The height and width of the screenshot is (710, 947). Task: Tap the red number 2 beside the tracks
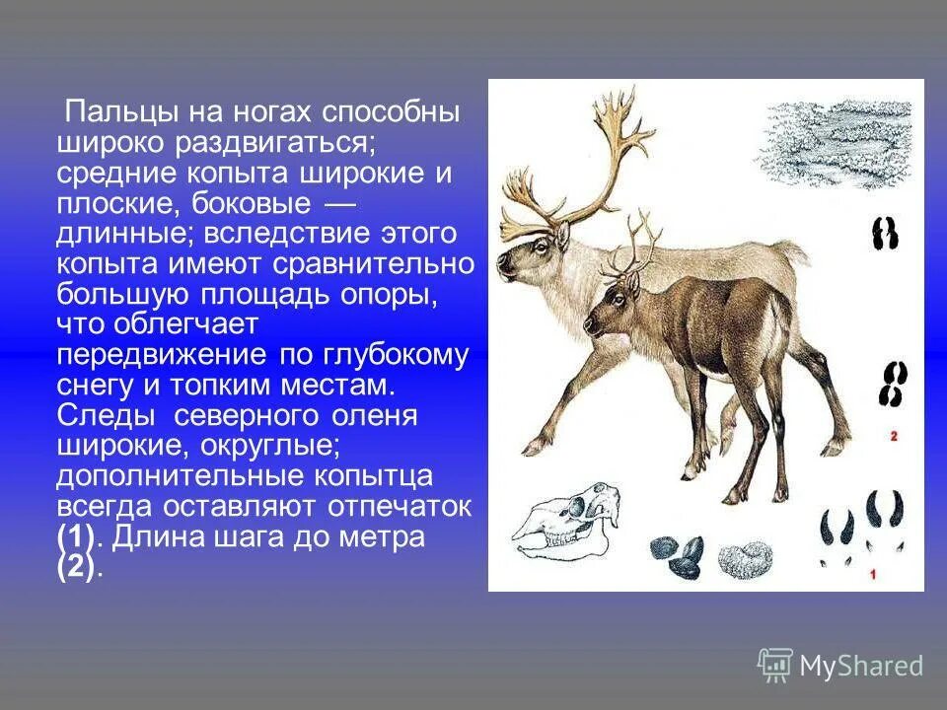tap(893, 435)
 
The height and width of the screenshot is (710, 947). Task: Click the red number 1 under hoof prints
tap(872, 573)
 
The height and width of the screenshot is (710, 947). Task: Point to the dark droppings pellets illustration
tap(677, 554)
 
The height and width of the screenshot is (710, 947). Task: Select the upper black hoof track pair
tap(885, 234)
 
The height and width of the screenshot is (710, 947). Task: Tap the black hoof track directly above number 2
tap(895, 384)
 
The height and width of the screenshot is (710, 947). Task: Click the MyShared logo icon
tap(775, 665)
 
